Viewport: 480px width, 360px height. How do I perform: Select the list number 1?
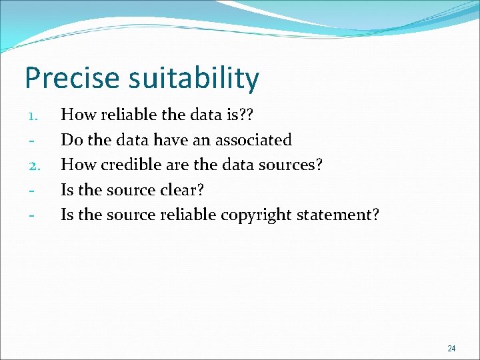pos(35,116)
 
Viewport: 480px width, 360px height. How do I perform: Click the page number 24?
pos(451,348)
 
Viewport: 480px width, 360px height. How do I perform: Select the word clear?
pos(182,190)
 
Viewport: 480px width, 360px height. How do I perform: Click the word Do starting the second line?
pos(71,140)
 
